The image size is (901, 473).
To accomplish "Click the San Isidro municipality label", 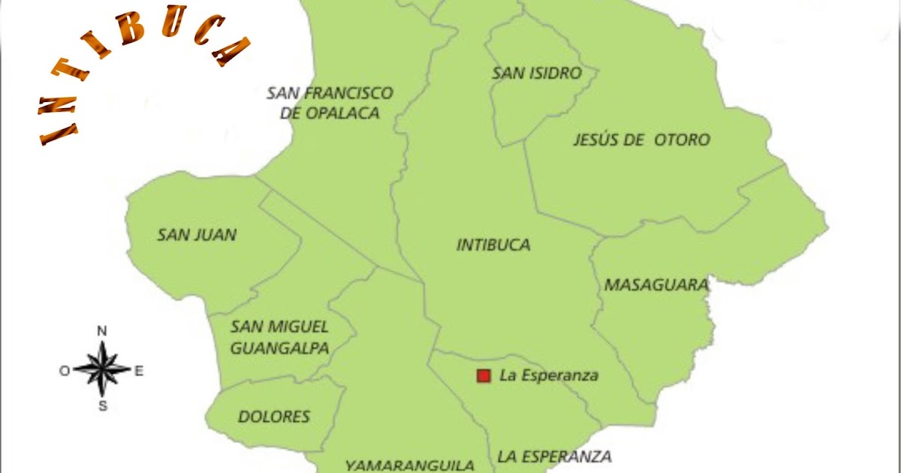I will pyautogui.click(x=537, y=73).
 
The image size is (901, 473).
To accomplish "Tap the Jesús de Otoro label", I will pyautogui.click(x=641, y=140).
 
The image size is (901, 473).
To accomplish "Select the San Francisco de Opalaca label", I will pyautogui.click(x=330, y=103).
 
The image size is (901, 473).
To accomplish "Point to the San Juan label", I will pyautogui.click(x=197, y=235).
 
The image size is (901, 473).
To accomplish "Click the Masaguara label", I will pyautogui.click(x=656, y=285).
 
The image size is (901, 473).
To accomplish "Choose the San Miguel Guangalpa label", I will pyautogui.click(x=279, y=337).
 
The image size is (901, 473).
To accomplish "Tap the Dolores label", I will pyautogui.click(x=274, y=417).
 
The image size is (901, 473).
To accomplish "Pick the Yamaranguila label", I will pyautogui.click(x=409, y=465).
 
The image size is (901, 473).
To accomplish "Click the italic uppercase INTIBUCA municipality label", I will pyautogui.click(x=493, y=245).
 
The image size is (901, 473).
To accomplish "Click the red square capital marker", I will pyautogui.click(x=484, y=375).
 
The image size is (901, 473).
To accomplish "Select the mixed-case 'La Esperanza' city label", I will pyautogui.click(x=549, y=375).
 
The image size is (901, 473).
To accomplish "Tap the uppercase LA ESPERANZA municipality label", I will pyautogui.click(x=554, y=456).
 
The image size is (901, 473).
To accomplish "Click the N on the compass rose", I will pyautogui.click(x=103, y=331).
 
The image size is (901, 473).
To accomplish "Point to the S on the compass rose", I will pyautogui.click(x=104, y=406).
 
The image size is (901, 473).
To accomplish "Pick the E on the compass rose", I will pyautogui.click(x=139, y=369).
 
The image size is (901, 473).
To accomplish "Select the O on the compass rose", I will pyautogui.click(x=65, y=369).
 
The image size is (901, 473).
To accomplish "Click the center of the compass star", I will pyautogui.click(x=103, y=369).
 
